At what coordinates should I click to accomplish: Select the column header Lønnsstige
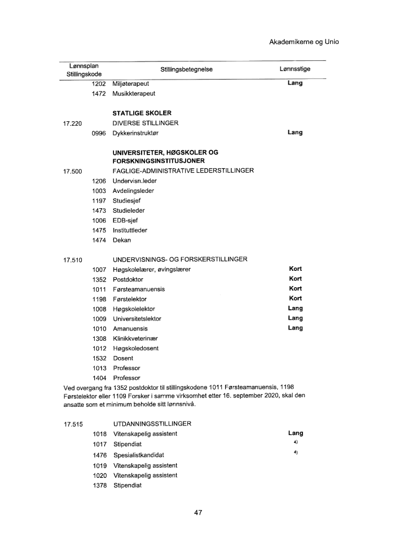pos(295,69)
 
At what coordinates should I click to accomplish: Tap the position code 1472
pos(99,94)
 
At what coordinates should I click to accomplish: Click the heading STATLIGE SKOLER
pos(142,113)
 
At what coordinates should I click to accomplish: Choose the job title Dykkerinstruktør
pos(137,133)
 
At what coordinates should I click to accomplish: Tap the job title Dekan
pos(122,240)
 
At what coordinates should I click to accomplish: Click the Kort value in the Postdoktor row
pos(295,279)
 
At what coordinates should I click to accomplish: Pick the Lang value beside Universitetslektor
pos(295,318)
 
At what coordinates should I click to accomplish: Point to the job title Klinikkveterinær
pos(135,338)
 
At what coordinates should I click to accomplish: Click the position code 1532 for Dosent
pos(99,358)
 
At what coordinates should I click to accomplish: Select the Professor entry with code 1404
pos(126,377)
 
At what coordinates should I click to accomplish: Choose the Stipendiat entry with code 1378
pos(128,486)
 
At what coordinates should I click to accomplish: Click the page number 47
pos(197,513)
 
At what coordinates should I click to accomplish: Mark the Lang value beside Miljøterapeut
pos(295,84)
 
